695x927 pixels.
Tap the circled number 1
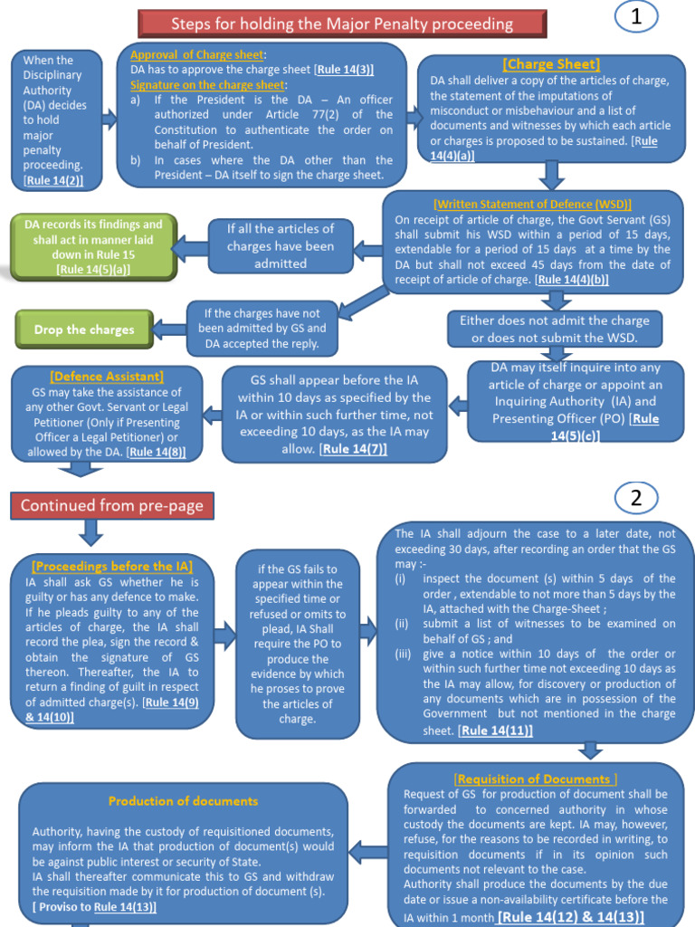636,18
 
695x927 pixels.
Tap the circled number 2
636,497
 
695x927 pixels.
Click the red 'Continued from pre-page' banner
112,505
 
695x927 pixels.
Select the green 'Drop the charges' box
84,330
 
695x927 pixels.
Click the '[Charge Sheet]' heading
551,64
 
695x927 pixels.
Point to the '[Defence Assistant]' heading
107,376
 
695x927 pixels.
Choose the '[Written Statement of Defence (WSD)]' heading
532,205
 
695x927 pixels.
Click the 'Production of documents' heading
183,801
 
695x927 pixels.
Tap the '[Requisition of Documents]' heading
537,779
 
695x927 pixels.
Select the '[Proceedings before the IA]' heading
111,567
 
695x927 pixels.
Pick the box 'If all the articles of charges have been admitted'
281,246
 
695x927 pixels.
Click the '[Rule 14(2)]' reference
54,180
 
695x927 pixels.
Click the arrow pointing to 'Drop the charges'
169,330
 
